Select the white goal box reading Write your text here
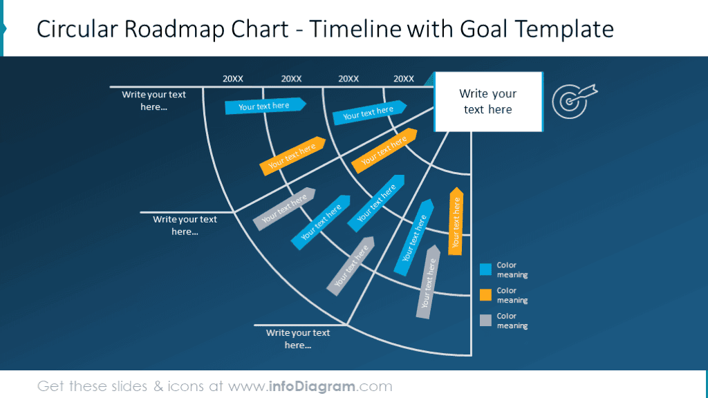[488, 102]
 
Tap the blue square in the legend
[485, 269]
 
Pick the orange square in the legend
[485, 295]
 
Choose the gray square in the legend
[485, 320]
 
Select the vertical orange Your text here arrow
[456, 221]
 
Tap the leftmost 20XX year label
[233, 79]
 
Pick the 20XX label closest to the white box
[404, 79]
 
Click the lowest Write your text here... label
[298, 339]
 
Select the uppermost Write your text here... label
[153, 101]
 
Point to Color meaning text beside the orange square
[512, 295]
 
